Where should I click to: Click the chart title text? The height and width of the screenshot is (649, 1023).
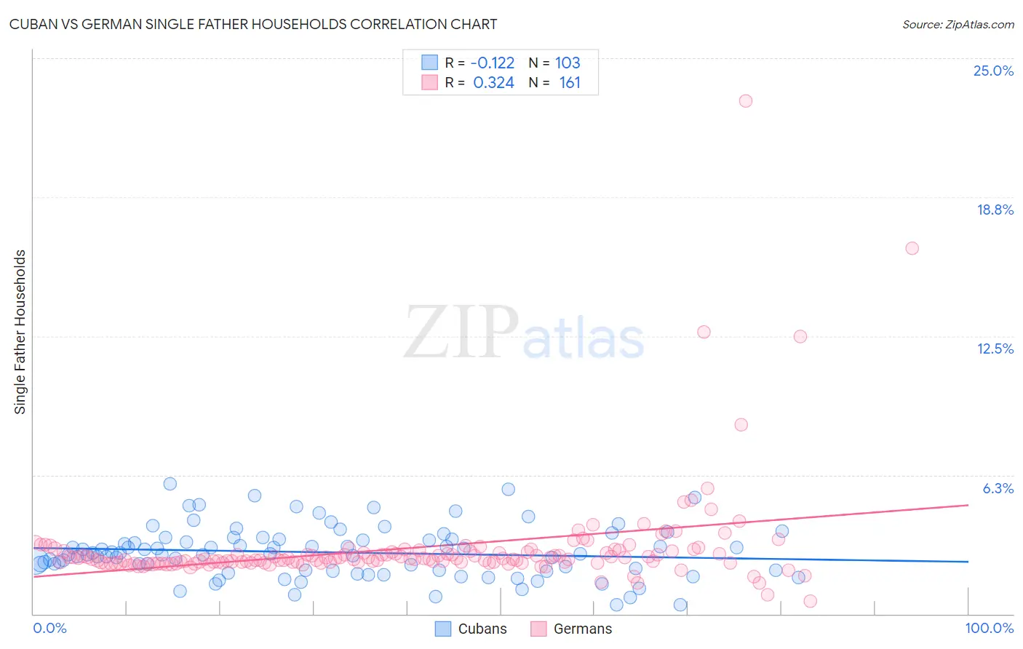tap(253, 24)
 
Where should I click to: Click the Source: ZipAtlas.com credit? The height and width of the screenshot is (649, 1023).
tap(958, 24)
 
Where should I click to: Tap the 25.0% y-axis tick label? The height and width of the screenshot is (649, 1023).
tap(993, 71)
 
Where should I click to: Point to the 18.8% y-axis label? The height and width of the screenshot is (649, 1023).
tap(995, 210)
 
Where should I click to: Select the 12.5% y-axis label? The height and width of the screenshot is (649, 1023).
tap(995, 349)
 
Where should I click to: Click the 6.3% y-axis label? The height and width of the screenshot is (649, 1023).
tap(998, 488)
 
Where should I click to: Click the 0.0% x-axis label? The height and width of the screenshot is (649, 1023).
tap(49, 628)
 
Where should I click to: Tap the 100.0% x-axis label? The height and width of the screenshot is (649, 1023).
tap(989, 628)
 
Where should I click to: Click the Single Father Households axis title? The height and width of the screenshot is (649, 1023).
tap(20, 332)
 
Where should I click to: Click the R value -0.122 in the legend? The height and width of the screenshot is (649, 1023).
tap(493, 63)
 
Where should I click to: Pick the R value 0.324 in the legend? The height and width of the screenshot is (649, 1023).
tap(493, 83)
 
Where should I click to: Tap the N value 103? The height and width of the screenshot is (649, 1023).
tap(568, 63)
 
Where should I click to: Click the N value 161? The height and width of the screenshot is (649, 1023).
tap(570, 83)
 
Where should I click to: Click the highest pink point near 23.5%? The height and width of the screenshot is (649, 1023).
tap(745, 101)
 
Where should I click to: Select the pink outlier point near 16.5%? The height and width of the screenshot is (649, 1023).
tap(912, 248)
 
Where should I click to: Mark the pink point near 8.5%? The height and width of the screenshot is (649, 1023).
tap(741, 425)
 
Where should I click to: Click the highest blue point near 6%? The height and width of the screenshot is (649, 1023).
tap(170, 484)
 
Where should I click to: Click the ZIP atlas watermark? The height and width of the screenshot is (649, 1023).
tap(524, 333)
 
